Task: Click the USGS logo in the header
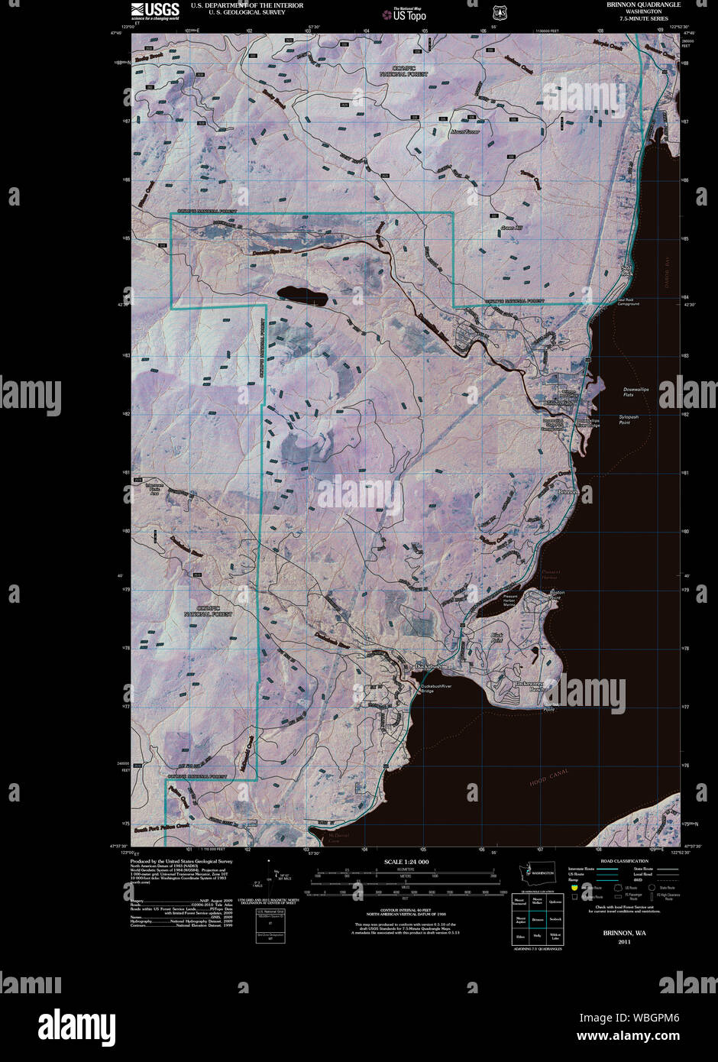(155, 10)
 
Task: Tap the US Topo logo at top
(405, 13)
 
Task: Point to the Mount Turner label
(464, 131)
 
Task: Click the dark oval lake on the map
(302, 294)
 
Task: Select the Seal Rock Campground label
(628, 302)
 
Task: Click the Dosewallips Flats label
(639, 392)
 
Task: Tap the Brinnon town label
(568, 492)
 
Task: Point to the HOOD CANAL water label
(548, 781)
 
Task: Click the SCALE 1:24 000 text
(407, 862)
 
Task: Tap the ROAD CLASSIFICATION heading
(619, 861)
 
